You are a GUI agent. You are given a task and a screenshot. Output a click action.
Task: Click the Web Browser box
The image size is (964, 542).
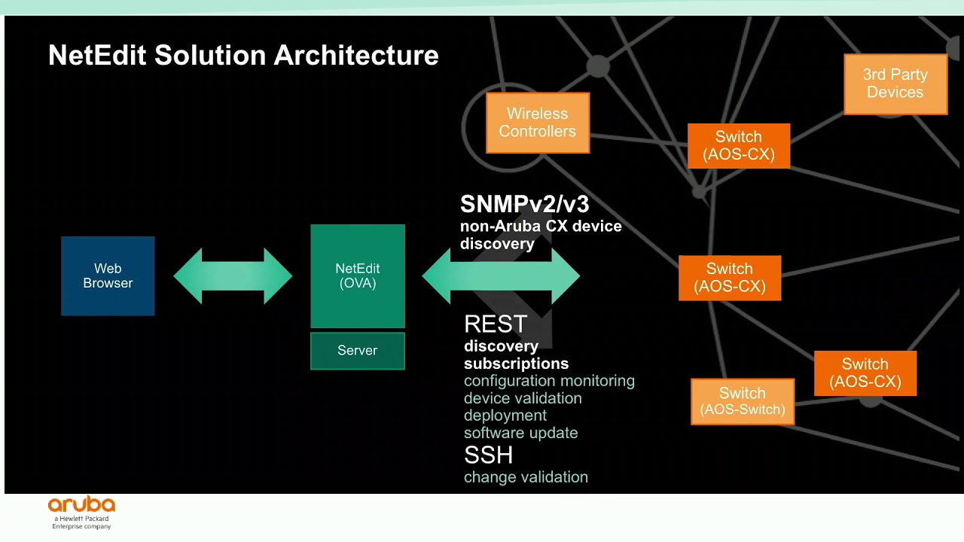(108, 276)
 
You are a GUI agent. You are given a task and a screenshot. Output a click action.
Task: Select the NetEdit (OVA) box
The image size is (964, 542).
(358, 276)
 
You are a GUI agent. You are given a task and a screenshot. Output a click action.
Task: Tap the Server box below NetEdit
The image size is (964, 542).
(358, 351)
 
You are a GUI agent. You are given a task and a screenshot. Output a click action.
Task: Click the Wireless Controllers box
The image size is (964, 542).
(538, 123)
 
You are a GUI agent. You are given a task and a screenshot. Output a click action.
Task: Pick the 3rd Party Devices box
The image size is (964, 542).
(895, 84)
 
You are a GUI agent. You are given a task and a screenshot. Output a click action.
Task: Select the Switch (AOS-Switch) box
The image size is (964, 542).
(743, 401)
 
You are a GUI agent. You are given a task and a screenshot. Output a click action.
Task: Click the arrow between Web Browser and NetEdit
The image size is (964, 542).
(233, 276)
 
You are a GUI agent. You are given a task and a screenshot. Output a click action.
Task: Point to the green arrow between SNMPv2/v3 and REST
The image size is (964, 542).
(501, 276)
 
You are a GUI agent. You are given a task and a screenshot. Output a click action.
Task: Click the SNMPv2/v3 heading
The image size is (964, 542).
(525, 205)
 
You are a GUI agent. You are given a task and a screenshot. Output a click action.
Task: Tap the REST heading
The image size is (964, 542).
(496, 324)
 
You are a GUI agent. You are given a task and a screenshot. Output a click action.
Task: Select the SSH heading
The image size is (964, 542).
(489, 455)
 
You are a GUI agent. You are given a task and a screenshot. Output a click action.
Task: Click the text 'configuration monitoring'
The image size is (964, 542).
(549, 381)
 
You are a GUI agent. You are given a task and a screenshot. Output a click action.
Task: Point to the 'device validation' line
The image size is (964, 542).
(523, 398)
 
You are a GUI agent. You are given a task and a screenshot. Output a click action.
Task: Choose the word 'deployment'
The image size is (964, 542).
(505, 416)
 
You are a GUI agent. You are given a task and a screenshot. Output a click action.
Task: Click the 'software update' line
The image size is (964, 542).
(521, 433)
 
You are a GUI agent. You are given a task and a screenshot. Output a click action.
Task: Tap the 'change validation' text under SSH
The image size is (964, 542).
(526, 477)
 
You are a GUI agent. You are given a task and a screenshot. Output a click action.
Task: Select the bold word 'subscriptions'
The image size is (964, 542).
(516, 364)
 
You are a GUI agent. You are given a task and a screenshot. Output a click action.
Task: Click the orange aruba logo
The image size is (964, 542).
(81, 505)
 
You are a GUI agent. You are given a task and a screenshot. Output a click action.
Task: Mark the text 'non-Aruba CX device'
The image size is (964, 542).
(541, 226)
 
